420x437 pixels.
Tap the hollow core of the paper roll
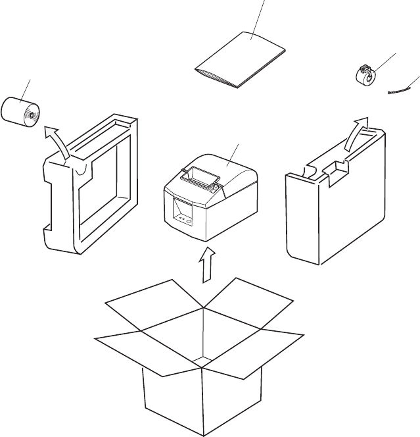[30, 118]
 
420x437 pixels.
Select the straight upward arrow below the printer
[206, 263]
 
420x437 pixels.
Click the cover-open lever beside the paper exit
[215, 187]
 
